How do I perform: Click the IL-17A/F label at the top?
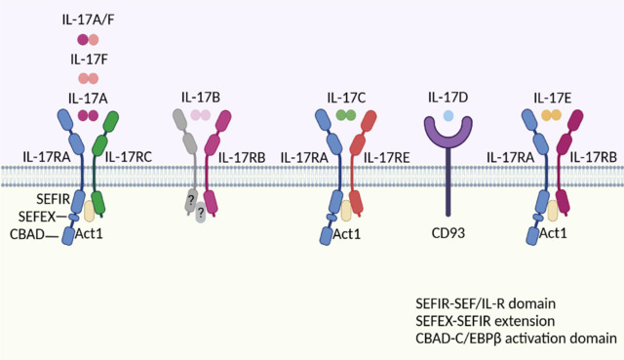[x=88, y=20]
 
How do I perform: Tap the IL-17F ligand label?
[x=89, y=60]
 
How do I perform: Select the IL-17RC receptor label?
[x=128, y=157]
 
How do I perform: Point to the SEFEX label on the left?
[x=37, y=217]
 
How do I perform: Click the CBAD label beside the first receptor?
[x=27, y=234]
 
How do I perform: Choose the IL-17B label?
[x=201, y=98]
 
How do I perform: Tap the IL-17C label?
[x=346, y=98]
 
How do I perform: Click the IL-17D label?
[x=448, y=98]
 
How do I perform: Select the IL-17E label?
[x=553, y=98]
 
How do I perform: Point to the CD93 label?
[x=448, y=233]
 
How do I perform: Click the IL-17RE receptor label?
[x=386, y=158]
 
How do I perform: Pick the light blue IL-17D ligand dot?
[x=448, y=115]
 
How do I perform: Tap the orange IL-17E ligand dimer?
[x=552, y=115]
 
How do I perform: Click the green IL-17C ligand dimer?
[x=346, y=115]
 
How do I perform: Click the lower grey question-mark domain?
[x=201, y=213]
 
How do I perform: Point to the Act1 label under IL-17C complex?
[x=347, y=234]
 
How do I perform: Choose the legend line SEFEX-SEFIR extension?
[x=486, y=321]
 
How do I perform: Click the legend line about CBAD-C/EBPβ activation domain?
[x=516, y=339]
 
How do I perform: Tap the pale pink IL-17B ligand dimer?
[x=201, y=115]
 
